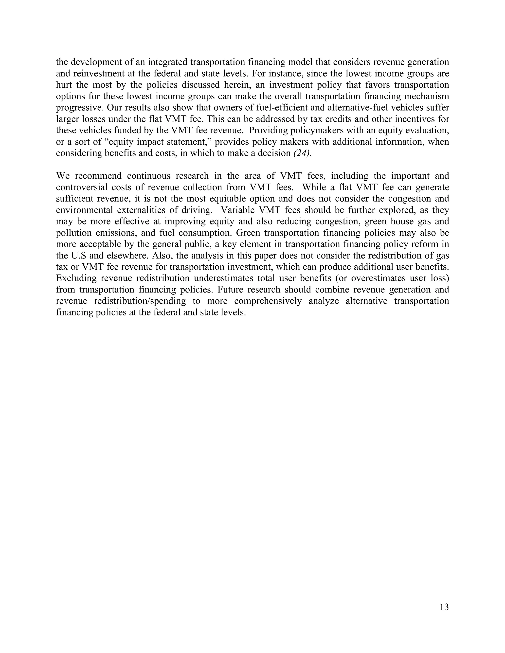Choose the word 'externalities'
pos(142,210)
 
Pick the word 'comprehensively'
pos(268,301)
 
